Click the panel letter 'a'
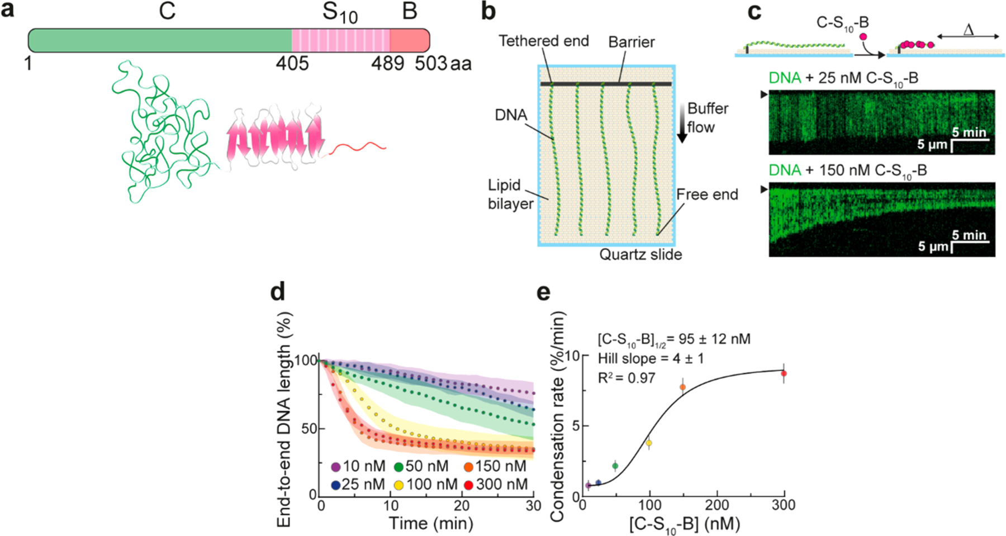[8, 10]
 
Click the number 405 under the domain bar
[292, 63]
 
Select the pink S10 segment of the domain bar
[340, 40]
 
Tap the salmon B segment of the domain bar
[410, 40]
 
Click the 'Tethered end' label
[543, 41]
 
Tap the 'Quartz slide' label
[640, 255]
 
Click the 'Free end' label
[707, 195]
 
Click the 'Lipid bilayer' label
[509, 195]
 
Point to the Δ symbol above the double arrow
[969, 29]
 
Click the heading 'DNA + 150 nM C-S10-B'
[847, 170]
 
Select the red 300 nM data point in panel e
[784, 373]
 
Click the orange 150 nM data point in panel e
[682, 387]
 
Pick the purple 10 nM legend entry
[358, 467]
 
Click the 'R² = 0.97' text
[626, 378]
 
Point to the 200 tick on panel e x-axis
[716, 505]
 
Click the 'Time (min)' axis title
[431, 523]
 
